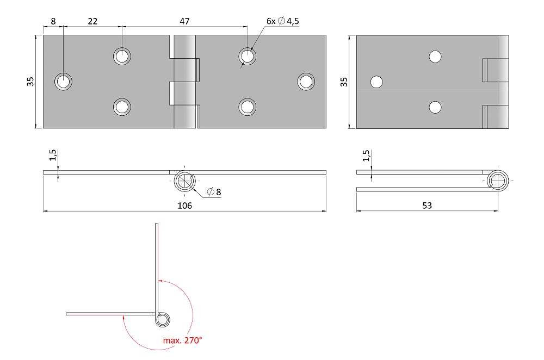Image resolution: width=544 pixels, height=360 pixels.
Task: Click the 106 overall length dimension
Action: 184,206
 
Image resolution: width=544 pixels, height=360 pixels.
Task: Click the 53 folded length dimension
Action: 427,206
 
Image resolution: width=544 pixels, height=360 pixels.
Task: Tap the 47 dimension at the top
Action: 184,21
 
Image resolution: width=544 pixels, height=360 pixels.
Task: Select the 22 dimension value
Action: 92,21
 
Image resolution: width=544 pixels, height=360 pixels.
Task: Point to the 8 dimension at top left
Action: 53,21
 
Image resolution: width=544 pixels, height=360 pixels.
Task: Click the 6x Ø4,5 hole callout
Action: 282,21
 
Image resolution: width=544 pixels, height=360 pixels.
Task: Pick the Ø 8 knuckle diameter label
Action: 214,192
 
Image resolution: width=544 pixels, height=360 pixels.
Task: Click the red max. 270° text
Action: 182,340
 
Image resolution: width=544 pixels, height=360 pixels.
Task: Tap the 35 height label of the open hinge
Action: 30,82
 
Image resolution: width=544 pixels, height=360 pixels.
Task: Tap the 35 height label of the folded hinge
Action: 343,82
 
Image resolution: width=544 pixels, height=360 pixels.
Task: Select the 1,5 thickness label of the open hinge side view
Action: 52,155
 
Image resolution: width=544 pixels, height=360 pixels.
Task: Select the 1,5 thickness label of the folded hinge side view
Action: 366,156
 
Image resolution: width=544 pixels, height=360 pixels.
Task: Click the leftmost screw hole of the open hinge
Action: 64,82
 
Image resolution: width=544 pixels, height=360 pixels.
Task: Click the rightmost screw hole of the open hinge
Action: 306,82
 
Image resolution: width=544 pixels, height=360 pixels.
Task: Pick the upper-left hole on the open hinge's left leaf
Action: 122,56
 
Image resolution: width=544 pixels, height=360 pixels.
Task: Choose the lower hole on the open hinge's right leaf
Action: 248,107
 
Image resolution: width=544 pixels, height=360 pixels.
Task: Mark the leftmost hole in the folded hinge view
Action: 377,82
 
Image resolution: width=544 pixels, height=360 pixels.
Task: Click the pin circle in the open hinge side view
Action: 184,181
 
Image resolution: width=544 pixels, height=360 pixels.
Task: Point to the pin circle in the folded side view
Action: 498,181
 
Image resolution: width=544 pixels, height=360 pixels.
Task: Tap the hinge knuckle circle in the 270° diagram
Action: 162,319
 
